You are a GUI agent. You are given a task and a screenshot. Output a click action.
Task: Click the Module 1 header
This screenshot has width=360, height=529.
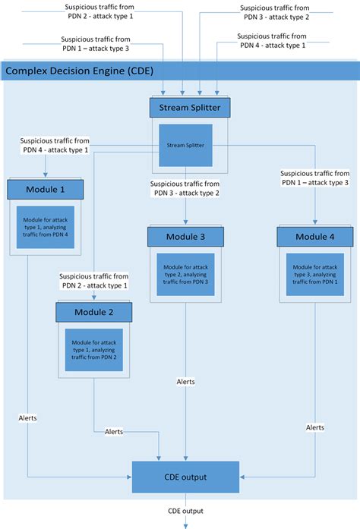[46, 187]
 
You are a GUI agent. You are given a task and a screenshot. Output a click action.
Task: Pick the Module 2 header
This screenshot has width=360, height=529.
[95, 311]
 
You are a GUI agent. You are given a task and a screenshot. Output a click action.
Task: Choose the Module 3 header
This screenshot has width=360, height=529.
[186, 238]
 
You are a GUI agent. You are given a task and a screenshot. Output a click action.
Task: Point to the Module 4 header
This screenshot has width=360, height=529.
[315, 238]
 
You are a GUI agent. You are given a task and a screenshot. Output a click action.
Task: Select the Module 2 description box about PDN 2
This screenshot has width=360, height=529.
[95, 345]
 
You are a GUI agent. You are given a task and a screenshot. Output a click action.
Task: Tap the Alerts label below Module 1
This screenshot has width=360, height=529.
[28, 418]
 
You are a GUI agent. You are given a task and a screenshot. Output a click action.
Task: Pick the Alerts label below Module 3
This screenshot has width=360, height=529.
[186, 382]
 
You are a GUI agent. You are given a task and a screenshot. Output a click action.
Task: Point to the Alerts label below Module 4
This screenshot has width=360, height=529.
[315, 428]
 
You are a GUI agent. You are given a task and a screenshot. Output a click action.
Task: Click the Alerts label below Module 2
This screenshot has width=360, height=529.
[115, 431]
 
